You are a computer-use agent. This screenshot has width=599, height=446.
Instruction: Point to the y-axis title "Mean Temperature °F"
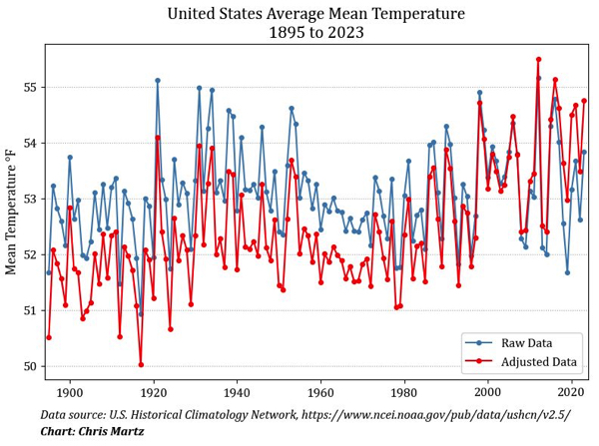click(12, 211)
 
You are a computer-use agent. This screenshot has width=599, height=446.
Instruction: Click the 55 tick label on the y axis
click(30, 87)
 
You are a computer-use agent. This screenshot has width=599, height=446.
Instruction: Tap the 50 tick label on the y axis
click(30, 366)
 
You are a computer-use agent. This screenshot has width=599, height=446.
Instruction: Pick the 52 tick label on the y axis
click(30, 254)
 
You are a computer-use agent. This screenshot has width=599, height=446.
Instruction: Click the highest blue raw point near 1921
click(158, 81)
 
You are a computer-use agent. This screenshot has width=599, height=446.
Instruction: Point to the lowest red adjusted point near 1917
click(141, 364)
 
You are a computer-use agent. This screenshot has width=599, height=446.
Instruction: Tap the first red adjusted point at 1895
click(49, 337)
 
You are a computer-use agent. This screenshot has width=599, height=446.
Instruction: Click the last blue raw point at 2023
click(584, 152)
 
